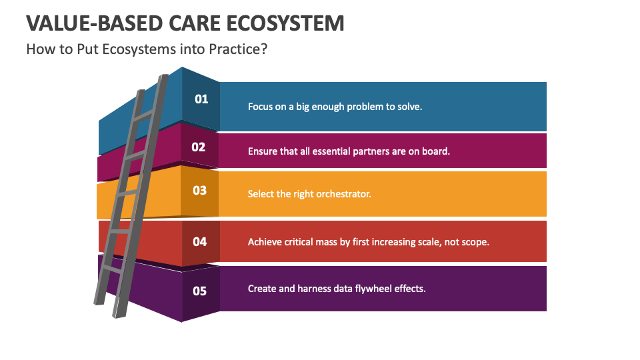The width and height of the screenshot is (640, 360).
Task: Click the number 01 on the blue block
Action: pyautogui.click(x=201, y=99)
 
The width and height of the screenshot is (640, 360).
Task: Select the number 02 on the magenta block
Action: pyautogui.click(x=199, y=147)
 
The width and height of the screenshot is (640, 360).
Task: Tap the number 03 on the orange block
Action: pyautogui.click(x=200, y=191)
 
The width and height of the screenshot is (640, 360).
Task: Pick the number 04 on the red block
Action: pyautogui.click(x=200, y=242)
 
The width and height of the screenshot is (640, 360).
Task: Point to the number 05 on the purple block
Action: pyautogui.click(x=200, y=291)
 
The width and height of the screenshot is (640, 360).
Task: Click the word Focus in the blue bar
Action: pyautogui.click(x=260, y=106)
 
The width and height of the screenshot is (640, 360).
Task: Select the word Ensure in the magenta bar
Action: pyautogui.click(x=263, y=151)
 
